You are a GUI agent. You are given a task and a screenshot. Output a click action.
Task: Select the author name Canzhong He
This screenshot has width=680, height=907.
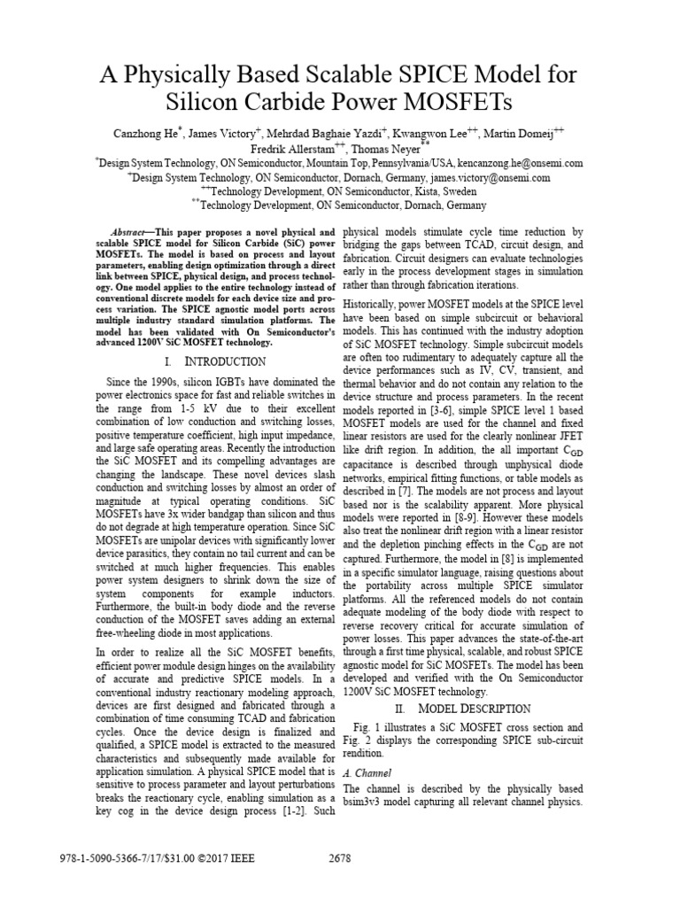tap(147, 134)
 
